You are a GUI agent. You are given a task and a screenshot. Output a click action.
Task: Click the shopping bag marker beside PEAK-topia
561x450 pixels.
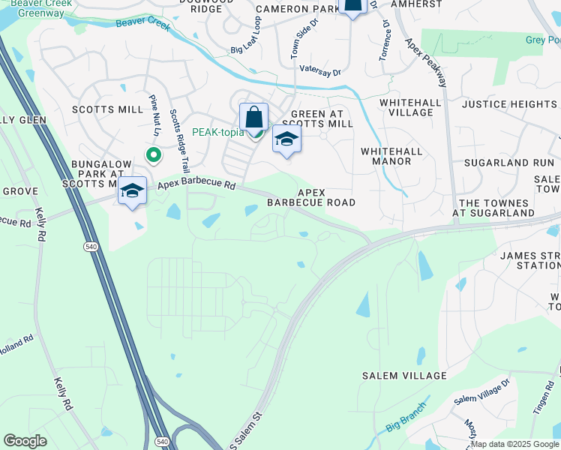coord(253,118)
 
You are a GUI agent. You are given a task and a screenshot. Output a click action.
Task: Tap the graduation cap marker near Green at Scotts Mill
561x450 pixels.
coord(286,139)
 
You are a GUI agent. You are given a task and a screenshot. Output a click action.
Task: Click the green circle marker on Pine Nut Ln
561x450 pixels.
coord(153,156)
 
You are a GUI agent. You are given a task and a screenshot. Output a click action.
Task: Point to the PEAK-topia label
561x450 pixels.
coord(217,133)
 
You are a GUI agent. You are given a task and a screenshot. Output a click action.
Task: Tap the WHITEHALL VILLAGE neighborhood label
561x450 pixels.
coord(406,107)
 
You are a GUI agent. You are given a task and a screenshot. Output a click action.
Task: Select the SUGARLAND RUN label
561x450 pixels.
coord(508,162)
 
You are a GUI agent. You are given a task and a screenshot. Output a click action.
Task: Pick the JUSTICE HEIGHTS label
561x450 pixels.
coord(509,104)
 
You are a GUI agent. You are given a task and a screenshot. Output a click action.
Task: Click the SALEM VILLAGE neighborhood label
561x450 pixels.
coord(404,376)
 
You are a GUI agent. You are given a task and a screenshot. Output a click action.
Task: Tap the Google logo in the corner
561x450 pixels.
coord(25,441)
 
